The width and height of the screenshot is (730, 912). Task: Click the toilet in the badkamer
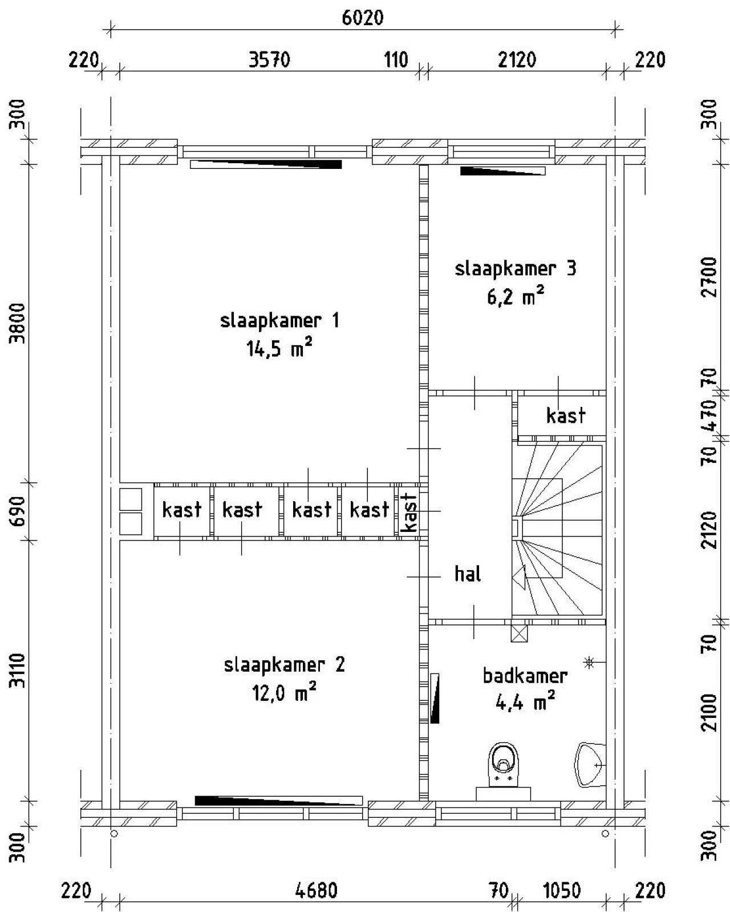click(x=505, y=765)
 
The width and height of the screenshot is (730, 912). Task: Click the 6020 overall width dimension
click(x=363, y=18)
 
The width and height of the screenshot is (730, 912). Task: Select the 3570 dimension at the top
click(x=269, y=59)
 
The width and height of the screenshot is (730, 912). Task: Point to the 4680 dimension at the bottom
click(x=317, y=890)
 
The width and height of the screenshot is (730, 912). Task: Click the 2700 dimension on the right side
click(x=709, y=277)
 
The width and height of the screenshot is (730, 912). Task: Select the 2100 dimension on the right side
click(x=709, y=712)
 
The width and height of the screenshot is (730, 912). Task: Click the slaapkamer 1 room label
click(x=279, y=321)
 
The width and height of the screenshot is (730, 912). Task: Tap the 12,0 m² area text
click(x=284, y=693)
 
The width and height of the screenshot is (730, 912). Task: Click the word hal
click(x=468, y=574)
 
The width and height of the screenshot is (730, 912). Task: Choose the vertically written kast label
click(x=409, y=511)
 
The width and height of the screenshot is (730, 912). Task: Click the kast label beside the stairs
click(x=565, y=415)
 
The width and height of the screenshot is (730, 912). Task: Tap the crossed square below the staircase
click(x=519, y=633)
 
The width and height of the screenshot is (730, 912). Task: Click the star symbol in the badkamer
click(x=589, y=662)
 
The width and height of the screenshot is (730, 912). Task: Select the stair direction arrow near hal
click(x=519, y=578)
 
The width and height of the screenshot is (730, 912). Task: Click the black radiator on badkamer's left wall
click(x=435, y=698)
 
